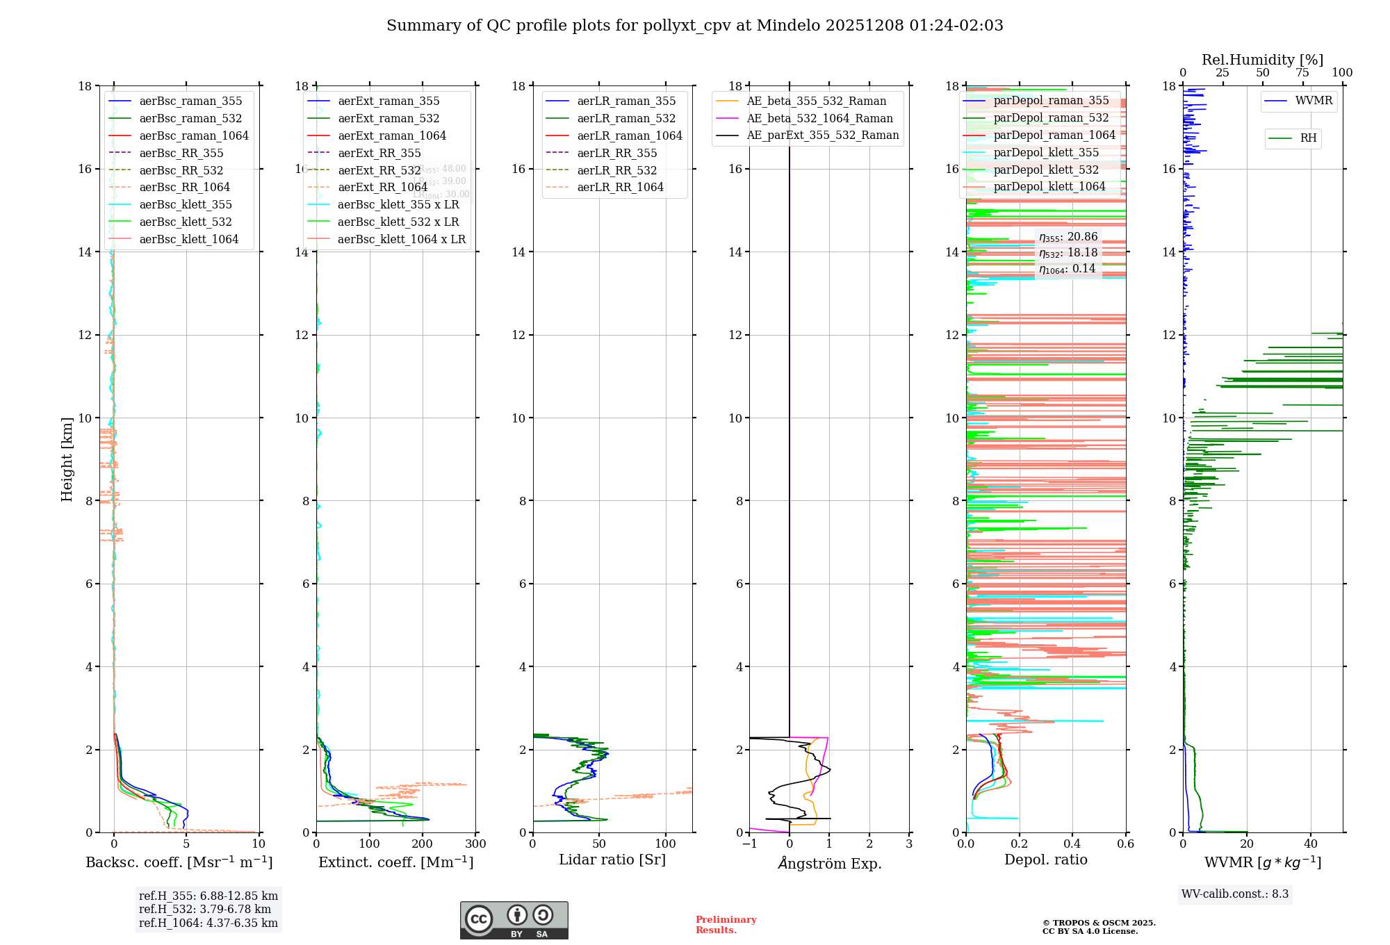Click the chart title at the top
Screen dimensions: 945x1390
click(694, 26)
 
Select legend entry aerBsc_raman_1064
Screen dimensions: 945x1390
click(193, 135)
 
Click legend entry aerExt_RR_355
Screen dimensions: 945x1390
click(379, 153)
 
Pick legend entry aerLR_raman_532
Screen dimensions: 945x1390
click(625, 118)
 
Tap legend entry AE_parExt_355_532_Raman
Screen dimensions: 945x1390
click(822, 135)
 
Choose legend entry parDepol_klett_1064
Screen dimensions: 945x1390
click(1049, 186)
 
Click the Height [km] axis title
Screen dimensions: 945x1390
click(67, 459)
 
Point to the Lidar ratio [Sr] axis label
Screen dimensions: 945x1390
click(612, 860)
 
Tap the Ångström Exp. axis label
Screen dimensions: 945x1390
click(829, 863)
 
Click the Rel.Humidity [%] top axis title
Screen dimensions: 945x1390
click(1262, 60)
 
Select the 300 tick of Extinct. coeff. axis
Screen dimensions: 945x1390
click(475, 844)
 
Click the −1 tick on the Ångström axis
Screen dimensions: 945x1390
click(749, 844)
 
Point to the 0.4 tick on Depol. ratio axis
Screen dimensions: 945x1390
click(1072, 844)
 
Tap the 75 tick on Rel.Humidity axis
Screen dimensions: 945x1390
click(1302, 73)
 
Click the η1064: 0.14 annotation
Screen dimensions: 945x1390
click(1067, 269)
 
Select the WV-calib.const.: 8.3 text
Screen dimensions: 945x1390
click(1234, 894)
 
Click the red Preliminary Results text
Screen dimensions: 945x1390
click(726, 925)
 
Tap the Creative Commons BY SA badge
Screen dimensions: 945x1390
click(514, 920)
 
